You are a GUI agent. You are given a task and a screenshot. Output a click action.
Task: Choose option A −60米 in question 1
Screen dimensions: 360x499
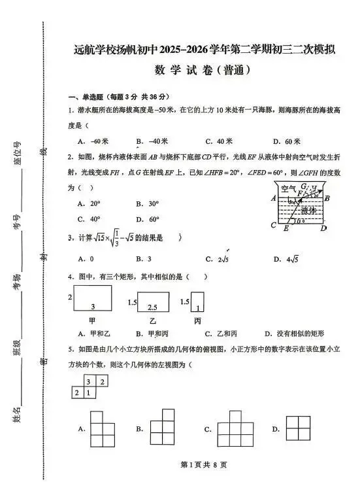[93, 141]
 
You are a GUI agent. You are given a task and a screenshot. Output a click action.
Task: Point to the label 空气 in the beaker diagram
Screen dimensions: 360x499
[288, 188]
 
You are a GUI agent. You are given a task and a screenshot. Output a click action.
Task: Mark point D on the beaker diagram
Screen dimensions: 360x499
[324, 228]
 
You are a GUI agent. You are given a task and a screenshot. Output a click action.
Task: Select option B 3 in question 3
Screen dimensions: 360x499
[144, 259]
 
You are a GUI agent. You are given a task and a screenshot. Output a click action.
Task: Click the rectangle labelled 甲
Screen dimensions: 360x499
[92, 300]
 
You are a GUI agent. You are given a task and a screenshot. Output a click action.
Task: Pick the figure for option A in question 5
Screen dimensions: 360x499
[101, 428]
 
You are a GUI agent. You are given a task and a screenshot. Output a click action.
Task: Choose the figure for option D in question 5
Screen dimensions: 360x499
[297, 429]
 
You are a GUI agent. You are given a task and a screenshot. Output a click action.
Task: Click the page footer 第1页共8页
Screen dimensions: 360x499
[196, 483]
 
